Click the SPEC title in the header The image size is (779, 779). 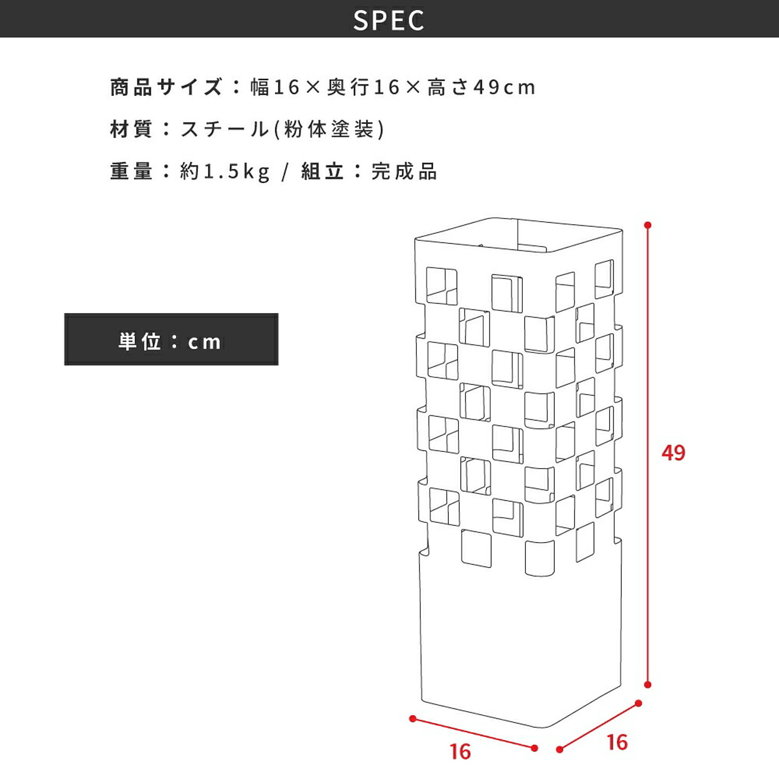click(x=389, y=20)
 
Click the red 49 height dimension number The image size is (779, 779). click(x=673, y=452)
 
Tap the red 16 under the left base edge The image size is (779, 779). click(x=460, y=752)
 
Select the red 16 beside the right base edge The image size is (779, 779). click(x=617, y=742)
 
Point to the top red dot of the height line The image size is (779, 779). click(x=648, y=225)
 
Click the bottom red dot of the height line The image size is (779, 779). click(x=648, y=685)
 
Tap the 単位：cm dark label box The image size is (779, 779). click(x=171, y=339)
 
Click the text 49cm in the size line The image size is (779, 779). click(x=504, y=87)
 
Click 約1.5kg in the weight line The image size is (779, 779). click(x=225, y=172)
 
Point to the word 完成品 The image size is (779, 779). click(x=404, y=171)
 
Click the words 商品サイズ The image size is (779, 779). click(x=166, y=87)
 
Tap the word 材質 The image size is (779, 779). click(x=131, y=129)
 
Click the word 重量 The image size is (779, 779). click(x=131, y=171)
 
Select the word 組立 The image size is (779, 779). click(x=322, y=171)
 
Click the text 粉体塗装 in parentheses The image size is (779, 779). click(x=329, y=129)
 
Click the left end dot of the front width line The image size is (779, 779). click(x=413, y=719)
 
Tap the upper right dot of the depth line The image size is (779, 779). click(x=639, y=703)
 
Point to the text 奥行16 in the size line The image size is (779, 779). click(x=364, y=87)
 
